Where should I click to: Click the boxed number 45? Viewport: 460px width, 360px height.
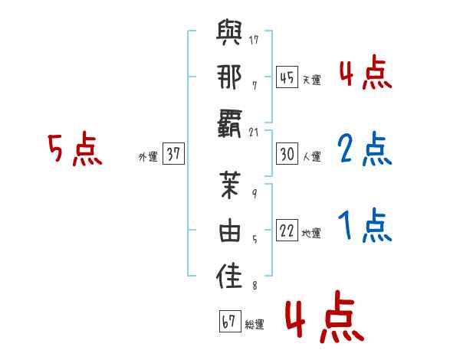point(286,77)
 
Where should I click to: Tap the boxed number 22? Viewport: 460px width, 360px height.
point(286,231)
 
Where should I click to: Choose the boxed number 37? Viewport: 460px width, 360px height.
point(172,155)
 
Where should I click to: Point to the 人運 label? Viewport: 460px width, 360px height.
point(311,157)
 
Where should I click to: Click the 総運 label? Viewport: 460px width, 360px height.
point(255,325)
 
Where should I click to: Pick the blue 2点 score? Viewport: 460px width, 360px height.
point(364,149)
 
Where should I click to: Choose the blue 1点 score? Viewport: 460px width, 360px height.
point(364,226)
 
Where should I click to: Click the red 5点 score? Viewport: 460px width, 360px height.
point(74,149)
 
